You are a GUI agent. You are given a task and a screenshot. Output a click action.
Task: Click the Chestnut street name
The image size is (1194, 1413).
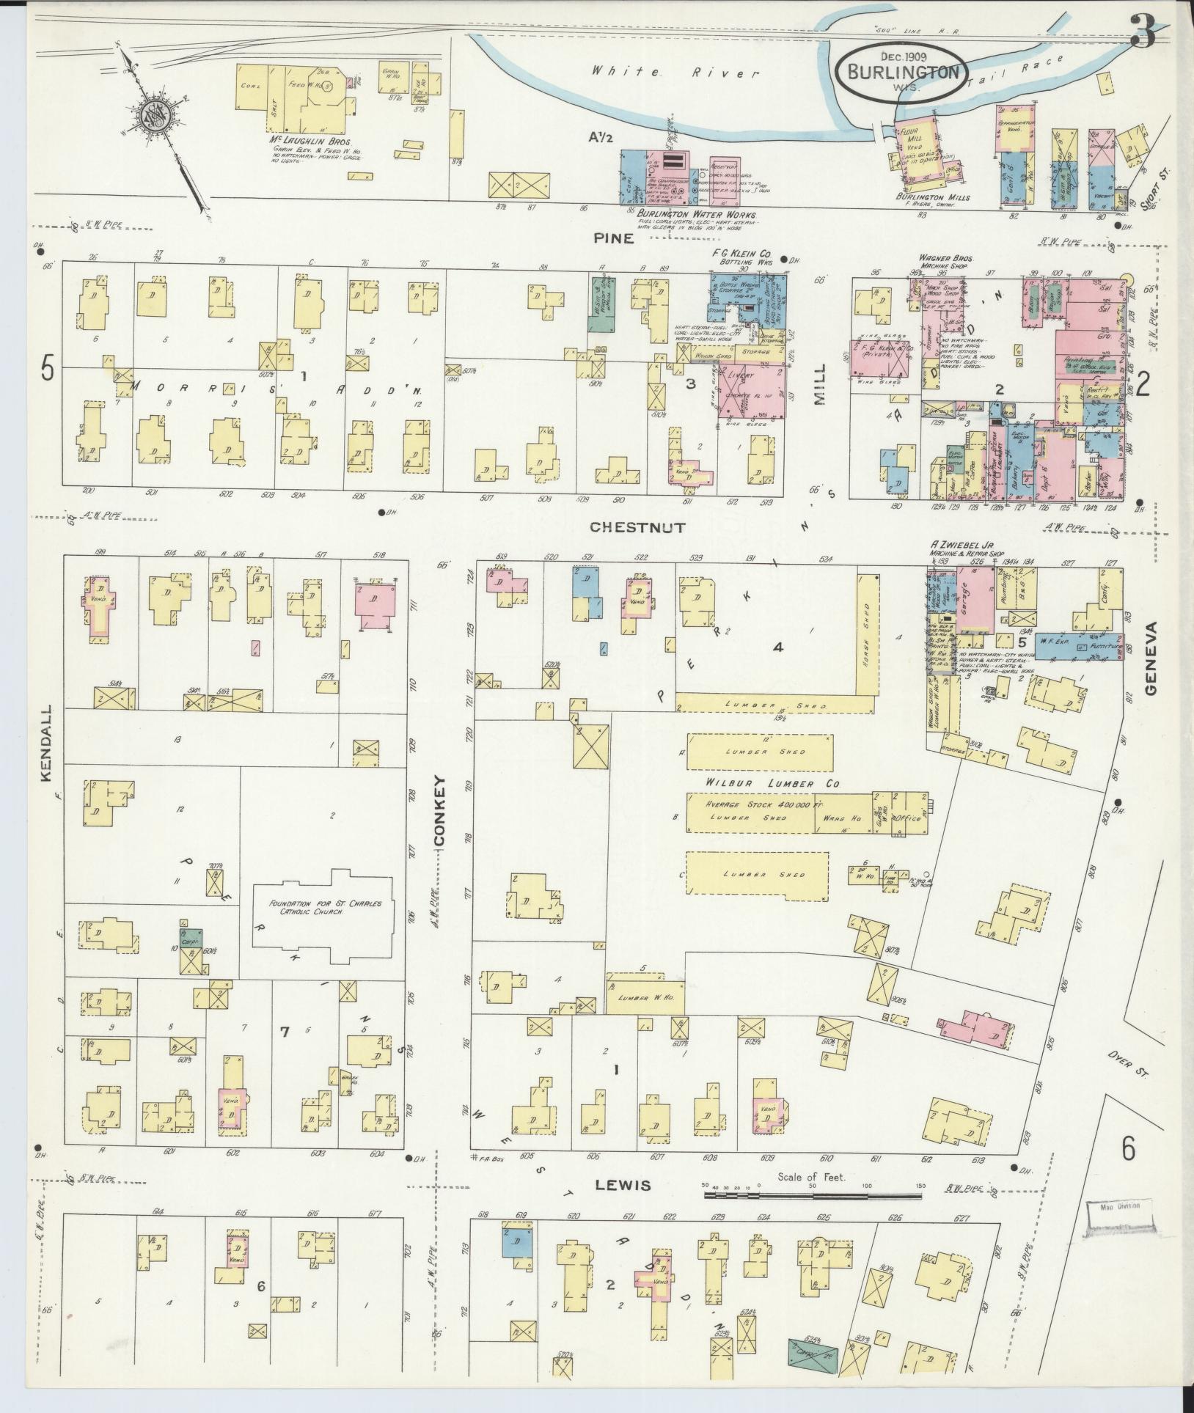[x=637, y=526]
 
